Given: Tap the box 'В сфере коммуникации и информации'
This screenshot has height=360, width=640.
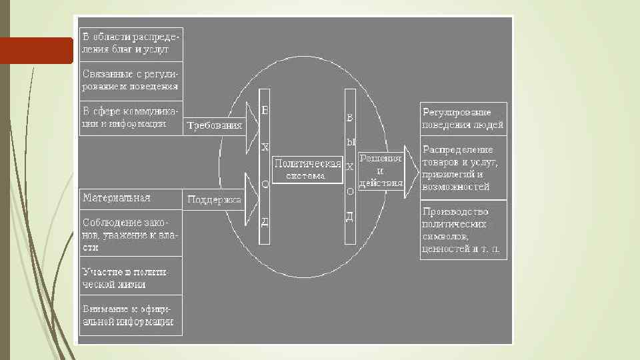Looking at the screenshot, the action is coord(131,118).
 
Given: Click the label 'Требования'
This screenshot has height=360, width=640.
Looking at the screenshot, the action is coord(214,125).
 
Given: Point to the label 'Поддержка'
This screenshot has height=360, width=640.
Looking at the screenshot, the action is coord(214,199).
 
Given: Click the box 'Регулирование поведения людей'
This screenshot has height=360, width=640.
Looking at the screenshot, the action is coord(463,119).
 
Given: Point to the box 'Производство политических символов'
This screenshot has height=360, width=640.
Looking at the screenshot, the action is coord(463,231).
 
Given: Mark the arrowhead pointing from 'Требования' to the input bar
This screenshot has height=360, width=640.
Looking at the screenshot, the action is coord(251,125).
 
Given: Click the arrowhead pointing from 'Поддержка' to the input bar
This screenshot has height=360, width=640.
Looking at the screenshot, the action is coord(251,198).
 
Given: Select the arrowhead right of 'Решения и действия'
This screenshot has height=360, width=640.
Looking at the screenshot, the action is coord(411,171).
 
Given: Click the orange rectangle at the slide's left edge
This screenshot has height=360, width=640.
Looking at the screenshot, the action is coord(36,51).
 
